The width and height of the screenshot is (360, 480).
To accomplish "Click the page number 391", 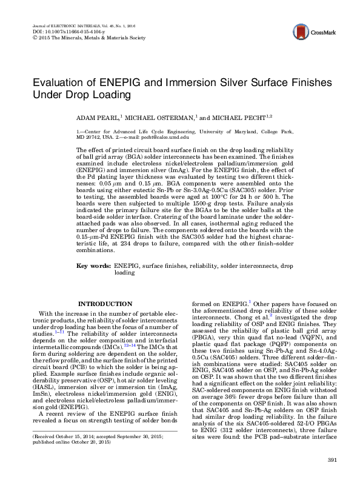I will point(331,461).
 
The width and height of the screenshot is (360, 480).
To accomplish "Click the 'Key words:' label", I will point(93,265).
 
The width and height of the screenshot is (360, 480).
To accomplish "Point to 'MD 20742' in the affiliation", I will point(87,137).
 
